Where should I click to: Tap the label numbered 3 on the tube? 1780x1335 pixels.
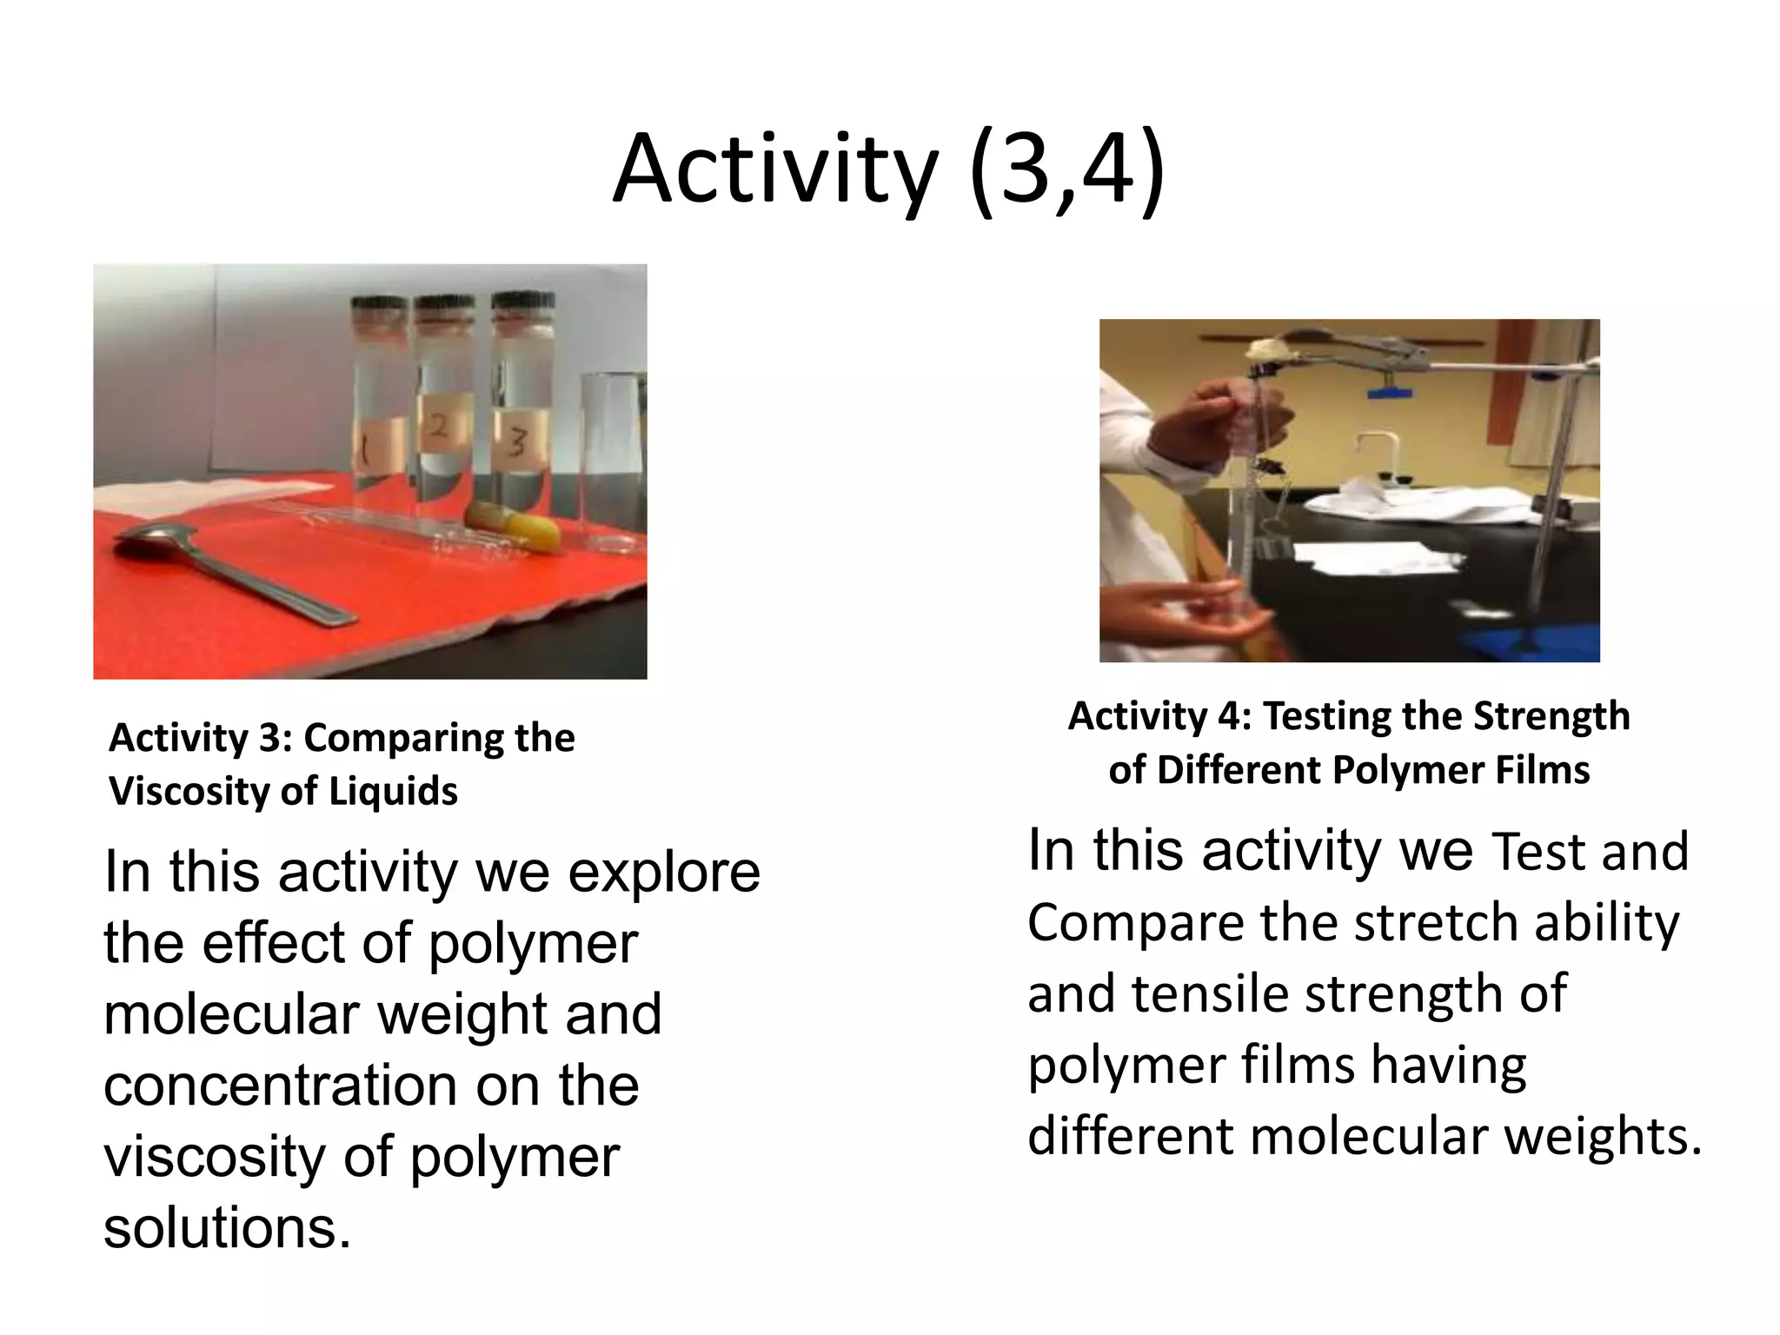518,442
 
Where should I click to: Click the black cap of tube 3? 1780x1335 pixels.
522,302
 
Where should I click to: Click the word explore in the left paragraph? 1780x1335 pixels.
664,873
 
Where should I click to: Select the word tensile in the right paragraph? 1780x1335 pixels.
1212,993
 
